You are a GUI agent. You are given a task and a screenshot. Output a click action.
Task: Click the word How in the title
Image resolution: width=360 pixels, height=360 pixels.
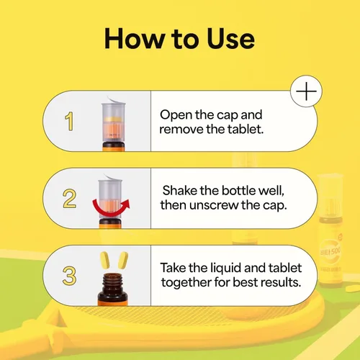pyautogui.click(x=135, y=39)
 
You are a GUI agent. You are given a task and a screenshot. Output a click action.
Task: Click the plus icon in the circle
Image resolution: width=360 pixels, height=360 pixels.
pyautogui.click(x=306, y=91)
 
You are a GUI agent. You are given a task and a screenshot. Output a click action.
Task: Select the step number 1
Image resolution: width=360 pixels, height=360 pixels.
pyautogui.click(x=69, y=121)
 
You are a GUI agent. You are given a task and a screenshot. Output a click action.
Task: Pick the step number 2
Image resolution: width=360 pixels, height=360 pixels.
pyautogui.click(x=69, y=199)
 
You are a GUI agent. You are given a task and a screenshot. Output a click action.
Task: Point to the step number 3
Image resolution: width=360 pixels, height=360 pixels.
pyautogui.click(x=69, y=276)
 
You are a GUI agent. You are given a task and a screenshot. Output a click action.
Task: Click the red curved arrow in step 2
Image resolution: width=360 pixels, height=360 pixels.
pyautogui.click(x=111, y=208)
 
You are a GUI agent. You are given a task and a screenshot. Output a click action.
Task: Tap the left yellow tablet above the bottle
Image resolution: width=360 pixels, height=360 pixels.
pyautogui.click(x=104, y=260)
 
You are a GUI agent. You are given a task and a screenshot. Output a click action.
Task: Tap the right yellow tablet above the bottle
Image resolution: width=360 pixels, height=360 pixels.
pyautogui.click(x=122, y=260)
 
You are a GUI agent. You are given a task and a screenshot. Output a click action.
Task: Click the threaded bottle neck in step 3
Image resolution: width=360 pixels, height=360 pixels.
pyautogui.click(x=112, y=282)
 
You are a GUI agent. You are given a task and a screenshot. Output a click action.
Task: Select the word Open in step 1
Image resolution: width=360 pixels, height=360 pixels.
pyautogui.click(x=176, y=115)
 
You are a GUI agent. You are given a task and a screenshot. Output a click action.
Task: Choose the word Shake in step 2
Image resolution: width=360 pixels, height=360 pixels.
pyautogui.click(x=179, y=190)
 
